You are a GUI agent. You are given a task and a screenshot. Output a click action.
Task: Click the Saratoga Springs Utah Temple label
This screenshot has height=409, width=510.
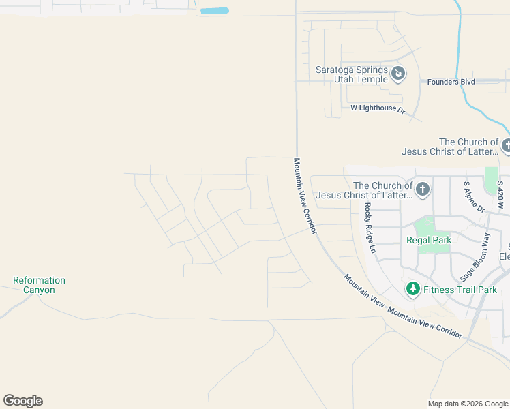click(351, 74)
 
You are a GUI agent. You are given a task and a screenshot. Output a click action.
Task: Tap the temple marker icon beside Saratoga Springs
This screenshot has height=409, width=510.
click(399, 73)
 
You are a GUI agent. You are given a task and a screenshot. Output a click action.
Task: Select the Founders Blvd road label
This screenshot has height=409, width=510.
click(451, 82)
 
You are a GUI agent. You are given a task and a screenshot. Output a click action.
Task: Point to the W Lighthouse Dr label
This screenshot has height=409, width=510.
click(378, 108)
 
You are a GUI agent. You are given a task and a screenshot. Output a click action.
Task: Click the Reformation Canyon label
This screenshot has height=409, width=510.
click(39, 285)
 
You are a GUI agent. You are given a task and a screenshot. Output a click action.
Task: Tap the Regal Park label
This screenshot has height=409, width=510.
click(429, 240)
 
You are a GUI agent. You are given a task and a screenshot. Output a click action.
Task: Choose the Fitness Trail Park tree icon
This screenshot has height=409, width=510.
click(412, 290)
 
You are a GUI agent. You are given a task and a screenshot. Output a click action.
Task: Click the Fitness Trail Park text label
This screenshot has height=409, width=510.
click(460, 290)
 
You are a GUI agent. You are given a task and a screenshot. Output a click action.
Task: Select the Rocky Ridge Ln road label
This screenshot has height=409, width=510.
click(370, 228)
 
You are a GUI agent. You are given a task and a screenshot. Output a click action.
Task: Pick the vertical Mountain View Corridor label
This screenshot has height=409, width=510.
click(305, 196)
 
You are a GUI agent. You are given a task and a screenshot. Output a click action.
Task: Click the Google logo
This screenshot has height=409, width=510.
click(22, 401)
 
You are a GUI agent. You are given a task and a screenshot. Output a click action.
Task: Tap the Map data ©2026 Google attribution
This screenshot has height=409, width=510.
click(468, 404)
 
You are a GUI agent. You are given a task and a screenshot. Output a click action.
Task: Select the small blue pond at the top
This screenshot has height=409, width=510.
click(215, 12)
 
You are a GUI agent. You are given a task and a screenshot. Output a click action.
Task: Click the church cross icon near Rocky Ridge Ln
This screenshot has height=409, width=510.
click(423, 190)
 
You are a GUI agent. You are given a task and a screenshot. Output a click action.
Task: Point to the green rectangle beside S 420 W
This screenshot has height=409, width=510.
click(491, 180)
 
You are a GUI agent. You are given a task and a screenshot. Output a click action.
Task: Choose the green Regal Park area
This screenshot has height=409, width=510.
click(425, 226)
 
